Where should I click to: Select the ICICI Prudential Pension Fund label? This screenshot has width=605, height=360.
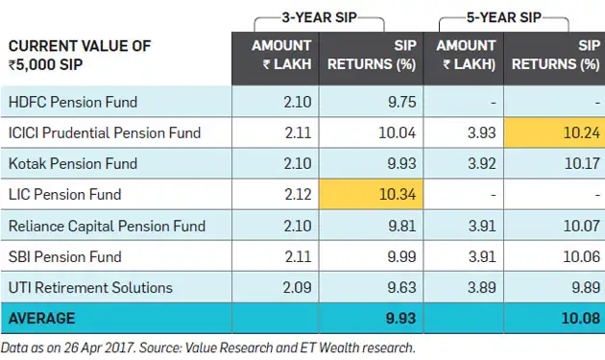coord(104,132)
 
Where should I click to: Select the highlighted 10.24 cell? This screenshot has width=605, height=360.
coord(555,132)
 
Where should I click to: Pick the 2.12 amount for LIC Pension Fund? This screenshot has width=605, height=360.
coord(297,195)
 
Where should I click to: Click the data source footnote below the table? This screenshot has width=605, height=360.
coord(209,348)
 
